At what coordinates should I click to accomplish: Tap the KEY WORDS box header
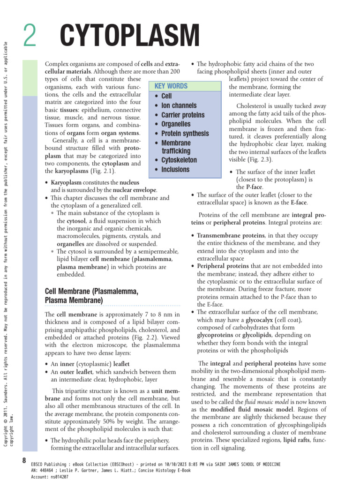coord(171,86)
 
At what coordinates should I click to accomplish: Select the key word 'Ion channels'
coord(179,105)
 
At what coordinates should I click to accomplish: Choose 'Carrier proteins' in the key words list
coord(183,115)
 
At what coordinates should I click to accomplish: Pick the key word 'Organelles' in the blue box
coord(176,124)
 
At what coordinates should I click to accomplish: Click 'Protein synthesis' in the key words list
coord(185,134)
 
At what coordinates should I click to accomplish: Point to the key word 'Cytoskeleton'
coord(179,160)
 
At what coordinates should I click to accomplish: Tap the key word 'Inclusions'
coord(175,169)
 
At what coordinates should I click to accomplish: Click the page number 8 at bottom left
coord(24,460)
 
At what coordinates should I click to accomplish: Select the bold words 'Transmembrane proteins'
coord(231,235)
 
